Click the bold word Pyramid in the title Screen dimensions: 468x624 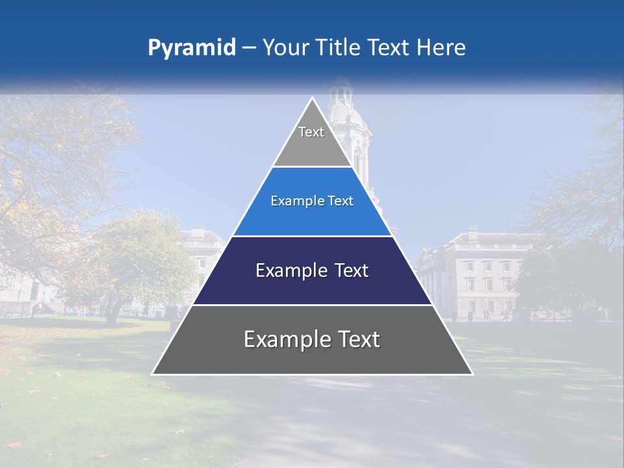[192, 48]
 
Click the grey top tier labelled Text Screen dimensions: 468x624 [311, 140]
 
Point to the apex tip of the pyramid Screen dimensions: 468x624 [313, 99]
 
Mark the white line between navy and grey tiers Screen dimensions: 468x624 [312, 305]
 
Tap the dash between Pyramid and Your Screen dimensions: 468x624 [249, 48]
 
